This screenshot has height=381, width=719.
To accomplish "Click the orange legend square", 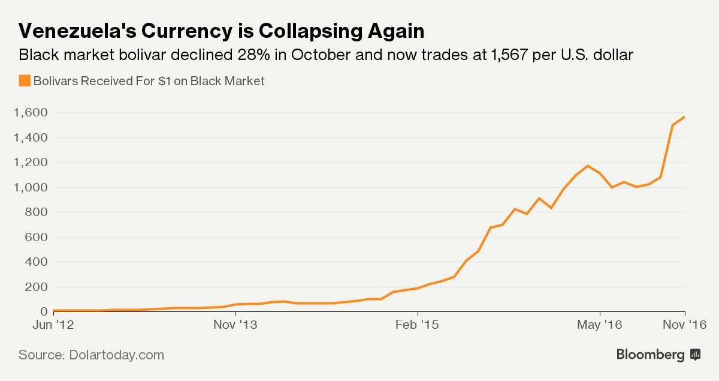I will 25,80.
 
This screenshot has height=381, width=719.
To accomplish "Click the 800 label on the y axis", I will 37,212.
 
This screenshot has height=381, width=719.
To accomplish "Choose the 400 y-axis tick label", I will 37,262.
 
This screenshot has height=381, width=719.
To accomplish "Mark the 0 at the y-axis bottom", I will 44,311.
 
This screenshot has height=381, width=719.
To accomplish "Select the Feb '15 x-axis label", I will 418,325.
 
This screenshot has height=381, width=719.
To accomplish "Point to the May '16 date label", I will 599,325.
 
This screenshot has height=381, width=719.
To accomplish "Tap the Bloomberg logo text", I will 650,355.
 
